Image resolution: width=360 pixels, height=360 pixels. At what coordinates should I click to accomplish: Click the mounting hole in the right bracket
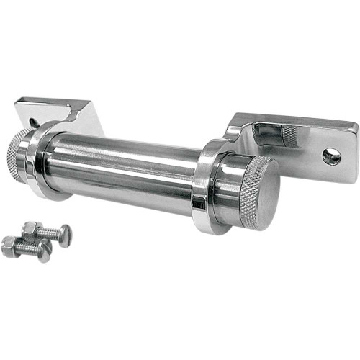pyautogui.click(x=331, y=156)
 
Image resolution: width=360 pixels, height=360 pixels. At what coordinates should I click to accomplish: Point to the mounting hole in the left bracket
pyautogui.click(x=34, y=113)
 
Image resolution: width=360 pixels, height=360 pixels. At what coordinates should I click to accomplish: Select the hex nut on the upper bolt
pyautogui.click(x=31, y=229)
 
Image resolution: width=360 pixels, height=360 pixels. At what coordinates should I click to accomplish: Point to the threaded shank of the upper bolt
pyautogui.click(x=49, y=231)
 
